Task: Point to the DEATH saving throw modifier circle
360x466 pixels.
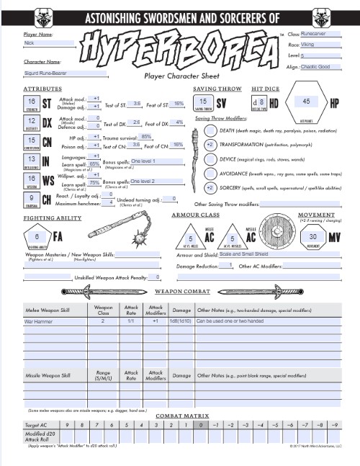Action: click(210, 130)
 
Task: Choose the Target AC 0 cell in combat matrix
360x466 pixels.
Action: click(200, 426)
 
